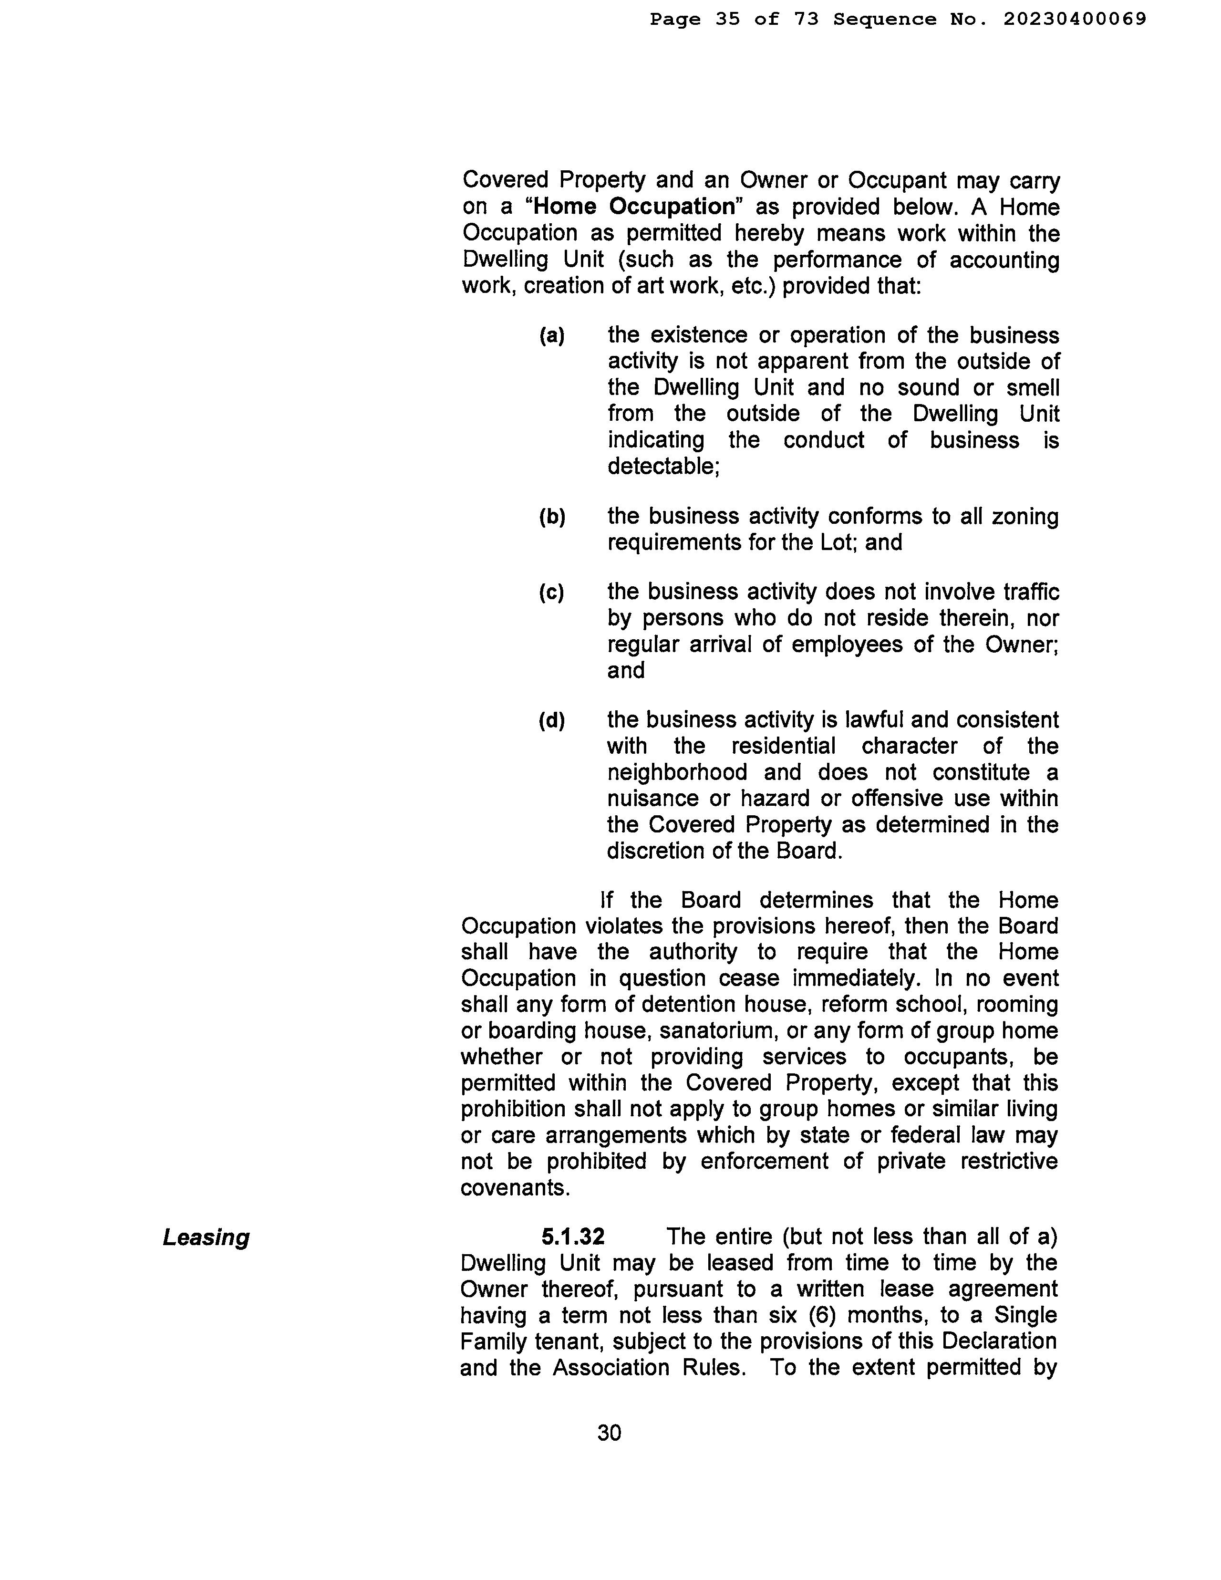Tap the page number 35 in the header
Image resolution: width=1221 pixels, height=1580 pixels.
728,20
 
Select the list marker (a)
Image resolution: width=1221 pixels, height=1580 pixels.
552,336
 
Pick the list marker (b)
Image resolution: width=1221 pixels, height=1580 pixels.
552,517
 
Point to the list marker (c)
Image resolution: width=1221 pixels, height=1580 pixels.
551,592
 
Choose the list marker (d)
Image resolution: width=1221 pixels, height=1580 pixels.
551,720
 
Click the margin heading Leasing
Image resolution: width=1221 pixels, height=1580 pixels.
206,1238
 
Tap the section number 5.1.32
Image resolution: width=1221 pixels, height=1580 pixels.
573,1237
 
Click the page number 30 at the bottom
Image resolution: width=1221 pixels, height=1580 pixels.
609,1433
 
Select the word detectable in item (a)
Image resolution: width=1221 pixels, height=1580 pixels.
661,467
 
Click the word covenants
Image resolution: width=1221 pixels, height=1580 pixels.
514,1188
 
